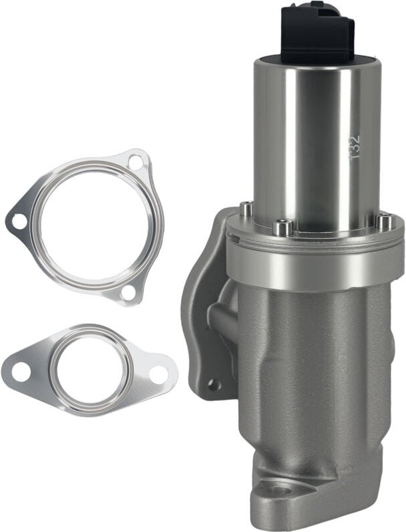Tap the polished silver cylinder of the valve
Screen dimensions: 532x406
[x=313, y=146]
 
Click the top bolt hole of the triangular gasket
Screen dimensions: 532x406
[x=135, y=162]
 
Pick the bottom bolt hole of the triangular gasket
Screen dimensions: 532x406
[x=128, y=292]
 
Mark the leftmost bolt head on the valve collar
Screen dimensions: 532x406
[x=247, y=209]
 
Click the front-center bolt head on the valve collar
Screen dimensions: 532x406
[x=284, y=229]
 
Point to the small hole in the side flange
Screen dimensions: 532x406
[x=214, y=384]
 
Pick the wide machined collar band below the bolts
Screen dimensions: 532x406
[x=313, y=263]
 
